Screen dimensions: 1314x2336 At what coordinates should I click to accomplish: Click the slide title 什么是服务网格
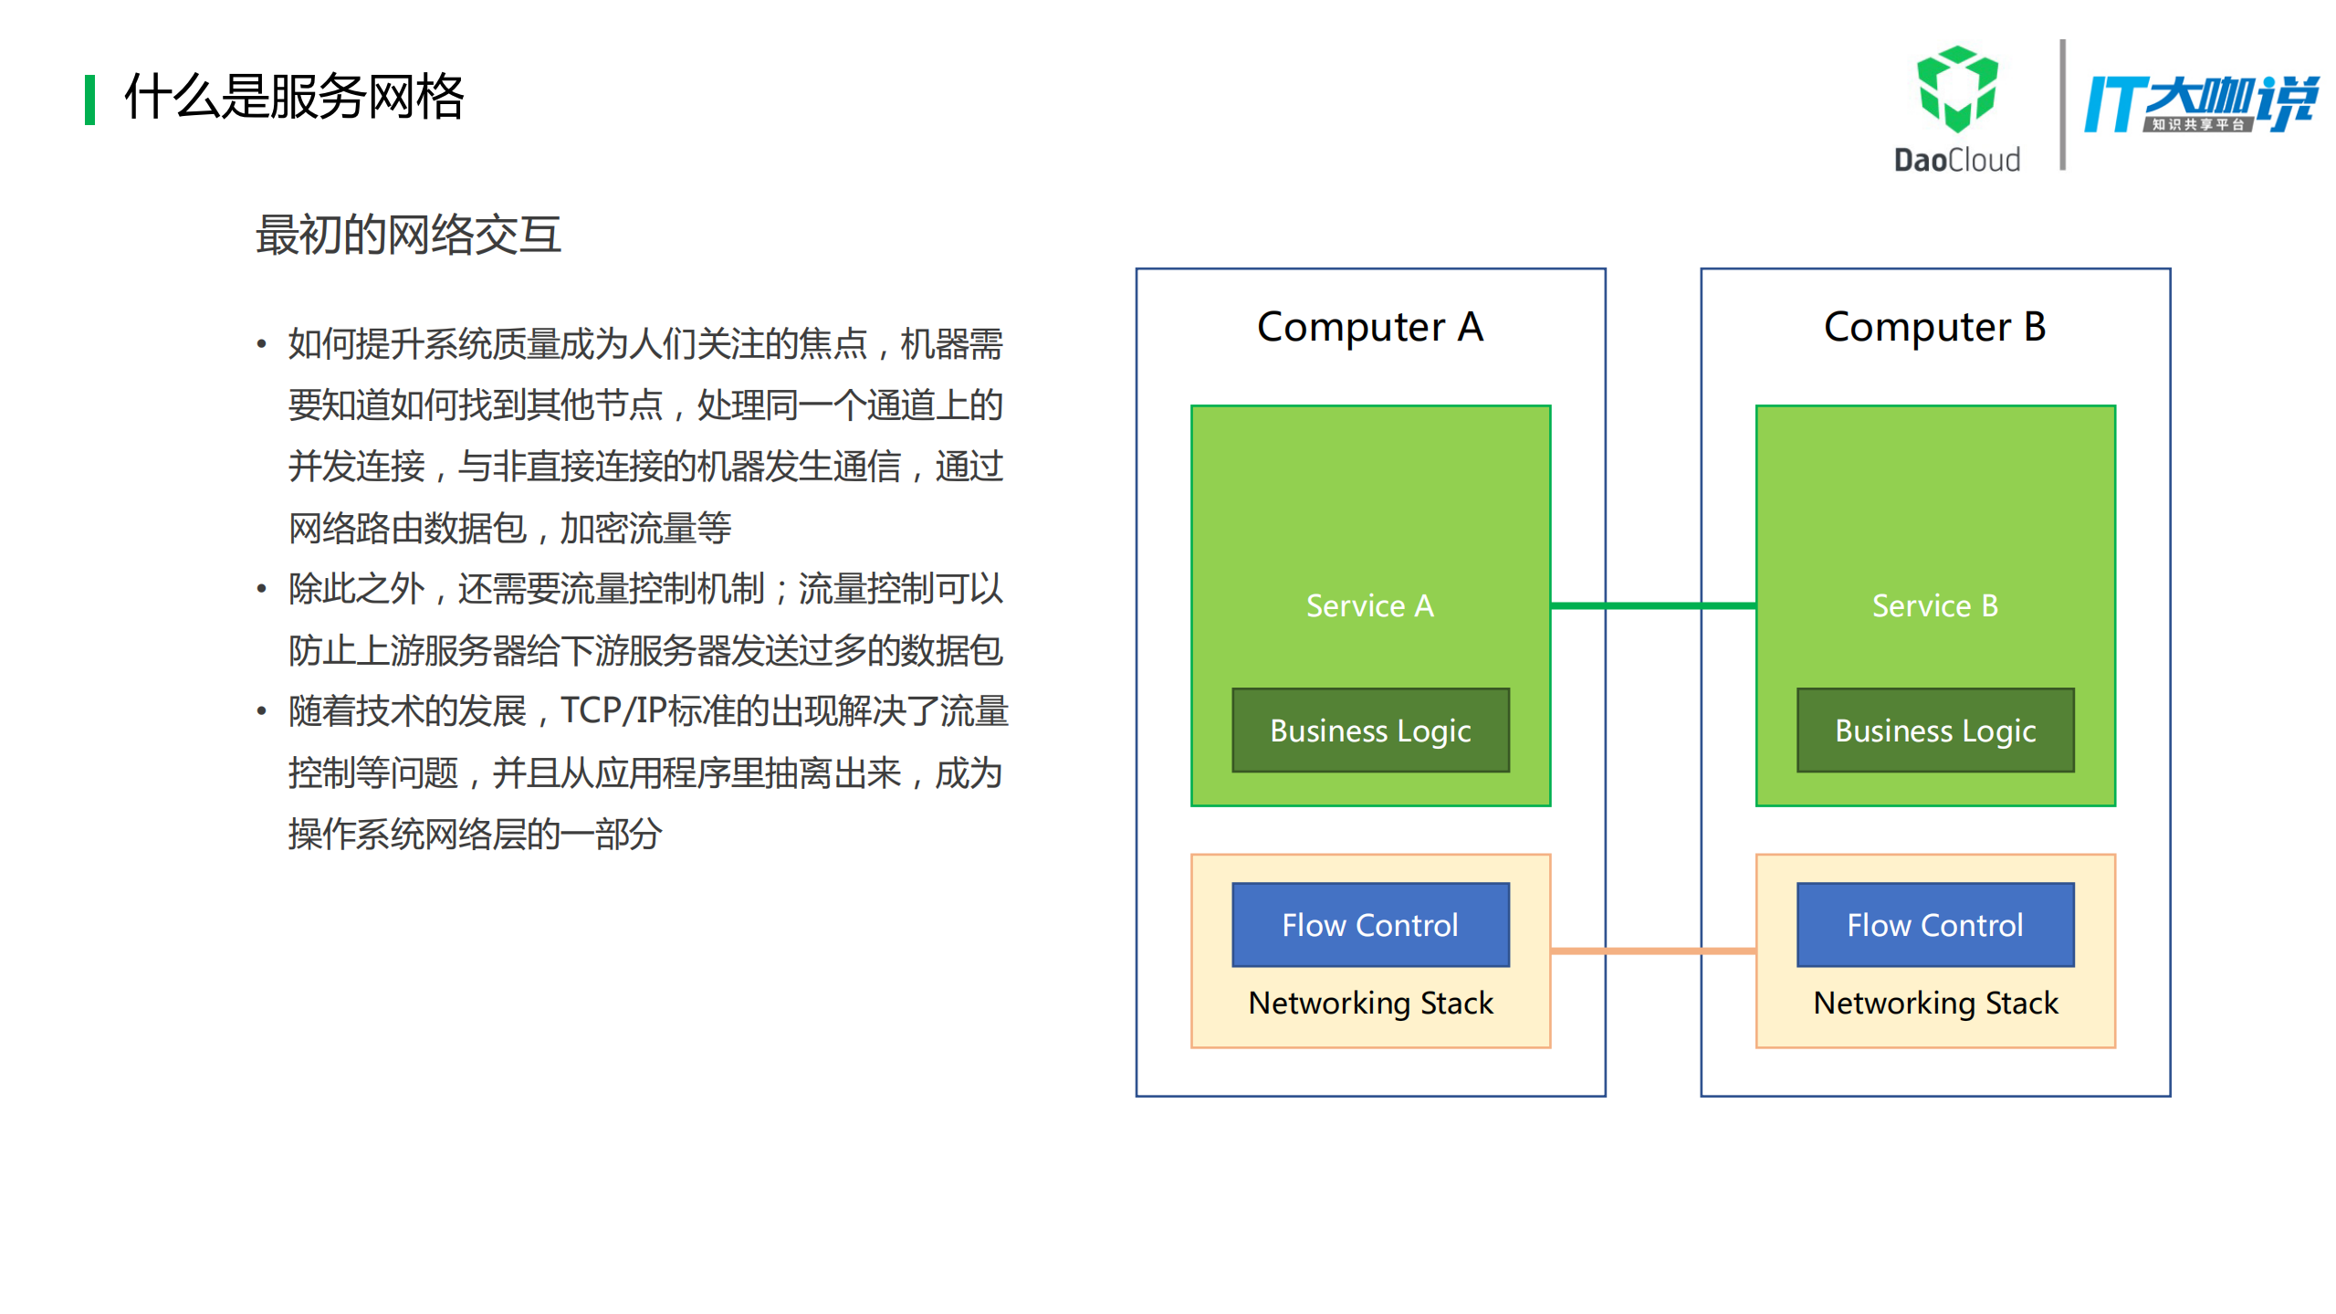click(x=294, y=97)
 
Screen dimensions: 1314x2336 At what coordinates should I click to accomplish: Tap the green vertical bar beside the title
click(x=89, y=100)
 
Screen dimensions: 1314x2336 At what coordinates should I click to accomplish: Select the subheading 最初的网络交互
click(x=408, y=235)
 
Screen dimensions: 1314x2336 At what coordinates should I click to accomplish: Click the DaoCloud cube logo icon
click(x=1956, y=89)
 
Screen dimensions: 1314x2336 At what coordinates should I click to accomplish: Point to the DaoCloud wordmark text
click(x=1956, y=160)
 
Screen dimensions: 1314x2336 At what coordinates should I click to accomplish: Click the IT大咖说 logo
click(x=2200, y=103)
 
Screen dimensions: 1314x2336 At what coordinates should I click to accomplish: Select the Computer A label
click(x=1369, y=327)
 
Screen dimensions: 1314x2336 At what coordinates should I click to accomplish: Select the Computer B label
click(x=1934, y=327)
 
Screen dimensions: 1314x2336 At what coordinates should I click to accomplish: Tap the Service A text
click(x=1369, y=605)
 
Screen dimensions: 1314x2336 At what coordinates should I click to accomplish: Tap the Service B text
click(x=1934, y=605)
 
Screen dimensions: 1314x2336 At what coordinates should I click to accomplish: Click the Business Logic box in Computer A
click(x=1369, y=731)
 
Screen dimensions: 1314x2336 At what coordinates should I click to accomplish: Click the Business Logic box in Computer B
click(x=1934, y=731)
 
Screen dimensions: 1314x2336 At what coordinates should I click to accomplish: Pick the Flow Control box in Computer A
click(x=1369, y=924)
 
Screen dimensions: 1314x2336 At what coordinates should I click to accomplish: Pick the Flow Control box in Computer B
click(x=1934, y=924)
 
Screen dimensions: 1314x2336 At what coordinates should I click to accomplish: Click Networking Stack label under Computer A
click(x=1369, y=1003)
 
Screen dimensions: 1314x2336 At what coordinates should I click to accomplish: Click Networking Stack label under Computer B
click(x=1934, y=1003)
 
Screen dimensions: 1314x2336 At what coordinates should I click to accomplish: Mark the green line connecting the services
click(x=1652, y=605)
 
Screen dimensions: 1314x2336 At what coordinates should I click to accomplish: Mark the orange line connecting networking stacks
click(x=1652, y=951)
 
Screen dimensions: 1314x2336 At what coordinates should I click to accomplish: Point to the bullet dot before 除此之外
click(x=262, y=589)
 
